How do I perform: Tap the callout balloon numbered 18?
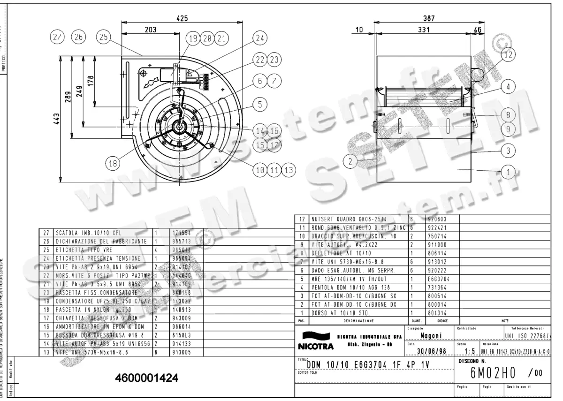click(112, 164)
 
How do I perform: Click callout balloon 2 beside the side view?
click(349, 161)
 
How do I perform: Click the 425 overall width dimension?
click(182, 18)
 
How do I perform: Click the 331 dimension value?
click(423, 30)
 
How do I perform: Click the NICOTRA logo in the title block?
click(315, 342)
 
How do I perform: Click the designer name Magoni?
click(429, 336)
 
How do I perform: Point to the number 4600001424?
click(146, 378)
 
